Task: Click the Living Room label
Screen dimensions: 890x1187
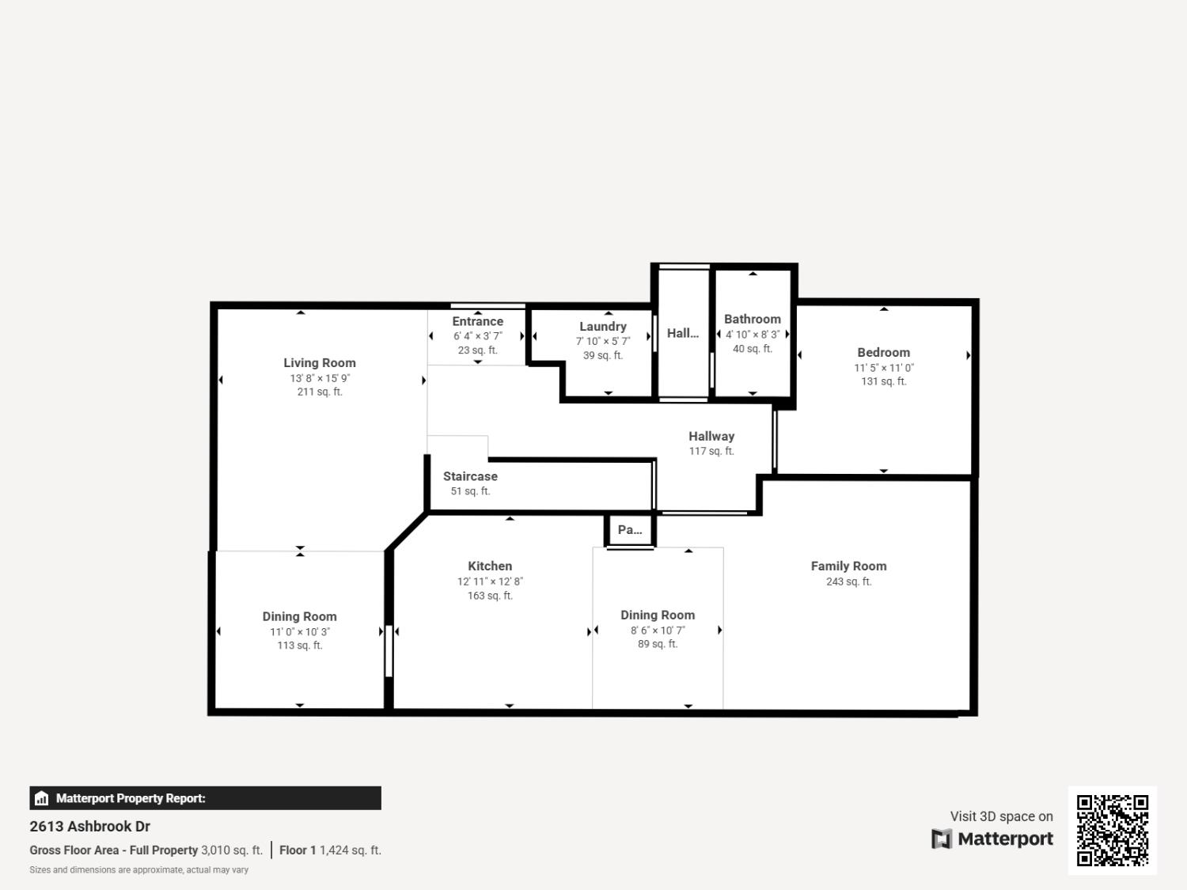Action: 320,363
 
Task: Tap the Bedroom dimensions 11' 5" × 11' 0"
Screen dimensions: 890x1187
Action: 883,368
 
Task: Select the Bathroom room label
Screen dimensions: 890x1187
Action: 752,319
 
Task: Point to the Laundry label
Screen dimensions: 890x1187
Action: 602,326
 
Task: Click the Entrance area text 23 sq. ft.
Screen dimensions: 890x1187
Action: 477,350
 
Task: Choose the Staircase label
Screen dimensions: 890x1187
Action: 470,476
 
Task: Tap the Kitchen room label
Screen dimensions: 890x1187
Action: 490,566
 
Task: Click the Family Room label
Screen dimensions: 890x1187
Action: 848,566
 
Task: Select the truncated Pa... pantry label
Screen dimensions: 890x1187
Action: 630,530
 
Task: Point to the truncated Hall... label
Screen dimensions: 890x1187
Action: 682,333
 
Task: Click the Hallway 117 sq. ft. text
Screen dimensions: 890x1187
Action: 711,451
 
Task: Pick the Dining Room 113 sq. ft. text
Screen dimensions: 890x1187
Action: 299,646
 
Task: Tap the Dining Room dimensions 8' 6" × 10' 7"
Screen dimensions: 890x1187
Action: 658,631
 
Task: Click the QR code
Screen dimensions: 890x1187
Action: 1112,830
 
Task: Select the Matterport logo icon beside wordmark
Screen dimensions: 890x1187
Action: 941,839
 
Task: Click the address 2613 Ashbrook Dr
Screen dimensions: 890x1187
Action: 90,826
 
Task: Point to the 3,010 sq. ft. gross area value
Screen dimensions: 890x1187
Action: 232,850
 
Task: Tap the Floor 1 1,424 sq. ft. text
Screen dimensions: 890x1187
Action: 330,850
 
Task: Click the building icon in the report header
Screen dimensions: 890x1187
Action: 42,798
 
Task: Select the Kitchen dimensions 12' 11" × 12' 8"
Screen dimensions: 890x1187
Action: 490,581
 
